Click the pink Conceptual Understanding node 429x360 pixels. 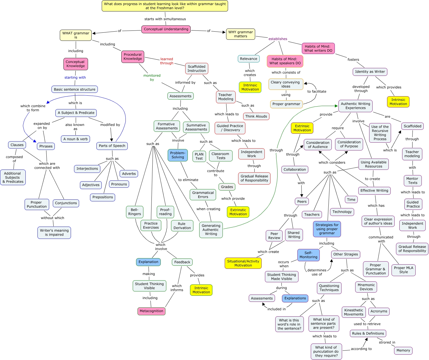(x=166, y=29)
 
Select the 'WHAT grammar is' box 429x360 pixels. (x=76, y=35)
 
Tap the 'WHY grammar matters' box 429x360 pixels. (x=240, y=34)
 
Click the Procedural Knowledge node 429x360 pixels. (x=133, y=57)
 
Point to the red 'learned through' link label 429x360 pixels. (x=167, y=61)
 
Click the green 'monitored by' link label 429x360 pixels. (x=152, y=77)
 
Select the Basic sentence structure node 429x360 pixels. (x=75, y=90)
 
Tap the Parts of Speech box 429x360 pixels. (x=112, y=146)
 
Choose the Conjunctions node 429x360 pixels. (x=66, y=203)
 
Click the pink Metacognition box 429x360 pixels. (x=151, y=311)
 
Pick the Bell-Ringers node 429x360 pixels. (x=134, y=212)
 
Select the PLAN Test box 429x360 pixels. (x=199, y=156)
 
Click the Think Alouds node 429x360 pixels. (x=256, y=116)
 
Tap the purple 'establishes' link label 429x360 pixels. (x=278, y=39)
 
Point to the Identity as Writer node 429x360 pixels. (x=370, y=72)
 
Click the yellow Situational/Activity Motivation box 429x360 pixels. (x=243, y=263)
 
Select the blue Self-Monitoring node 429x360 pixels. (x=308, y=255)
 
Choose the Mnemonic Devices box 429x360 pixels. (x=366, y=287)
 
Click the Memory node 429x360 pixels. (x=403, y=350)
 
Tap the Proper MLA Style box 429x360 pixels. (x=403, y=270)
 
